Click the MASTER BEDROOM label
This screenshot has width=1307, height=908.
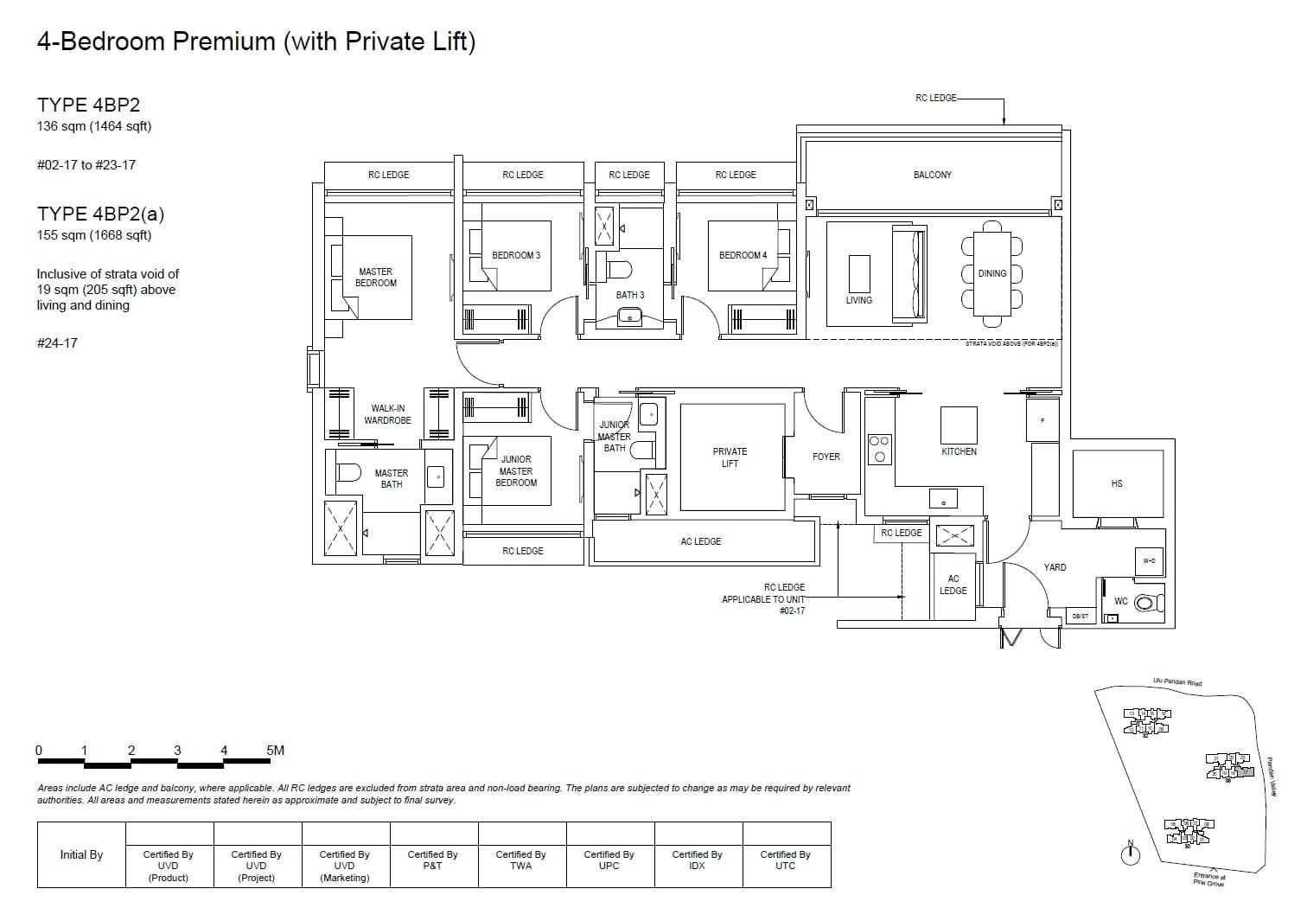(376, 278)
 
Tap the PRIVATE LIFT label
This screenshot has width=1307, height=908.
(730, 457)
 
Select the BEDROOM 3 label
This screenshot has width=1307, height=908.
(516, 255)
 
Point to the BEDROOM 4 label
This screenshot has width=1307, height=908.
(743, 255)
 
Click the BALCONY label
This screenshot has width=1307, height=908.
(932, 175)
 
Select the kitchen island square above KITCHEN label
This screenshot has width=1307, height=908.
(959, 425)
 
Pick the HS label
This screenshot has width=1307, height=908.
(1116, 483)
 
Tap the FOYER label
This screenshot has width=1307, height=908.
(826, 457)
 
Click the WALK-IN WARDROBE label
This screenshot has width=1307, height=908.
(387, 414)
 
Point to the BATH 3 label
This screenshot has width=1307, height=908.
(630, 295)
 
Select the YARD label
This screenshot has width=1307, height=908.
(1055, 567)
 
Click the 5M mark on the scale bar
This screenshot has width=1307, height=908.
(275, 751)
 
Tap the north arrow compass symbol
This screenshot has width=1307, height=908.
(1130, 854)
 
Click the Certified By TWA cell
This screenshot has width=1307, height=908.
(520, 860)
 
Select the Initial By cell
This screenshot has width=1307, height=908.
(81, 855)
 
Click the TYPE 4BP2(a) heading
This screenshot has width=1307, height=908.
(100, 214)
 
